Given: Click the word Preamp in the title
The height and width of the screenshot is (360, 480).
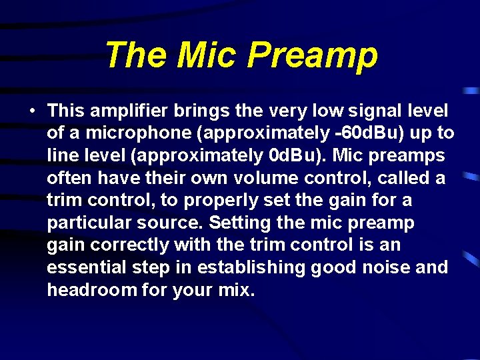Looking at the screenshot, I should click(312, 56).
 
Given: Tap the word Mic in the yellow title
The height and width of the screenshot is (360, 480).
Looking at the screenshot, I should click(208, 55).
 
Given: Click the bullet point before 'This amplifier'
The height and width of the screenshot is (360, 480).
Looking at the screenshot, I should click(32, 111).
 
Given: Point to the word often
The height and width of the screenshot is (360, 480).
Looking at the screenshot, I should click(67, 179).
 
